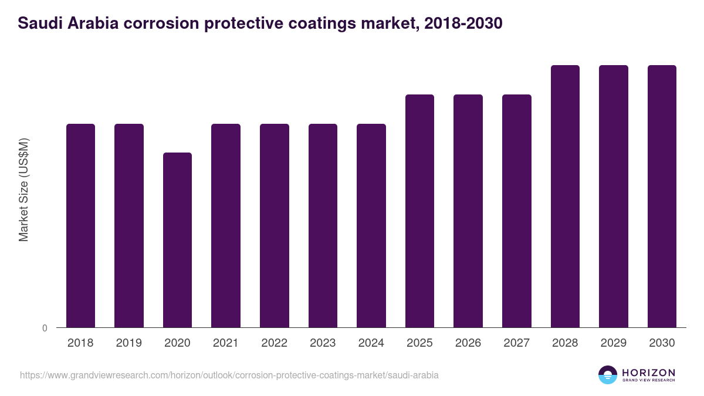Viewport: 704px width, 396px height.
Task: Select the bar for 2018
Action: pos(80,225)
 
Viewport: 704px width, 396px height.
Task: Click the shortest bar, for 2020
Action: pos(177,240)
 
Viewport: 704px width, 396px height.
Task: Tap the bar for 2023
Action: pos(323,225)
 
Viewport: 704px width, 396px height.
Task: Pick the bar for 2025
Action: pos(419,211)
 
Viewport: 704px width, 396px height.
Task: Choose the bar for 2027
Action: pos(516,211)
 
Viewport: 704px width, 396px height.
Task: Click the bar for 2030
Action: pos(662,196)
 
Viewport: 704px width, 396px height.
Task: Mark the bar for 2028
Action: pos(565,196)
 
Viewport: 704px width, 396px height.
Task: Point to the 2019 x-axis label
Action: pos(128,343)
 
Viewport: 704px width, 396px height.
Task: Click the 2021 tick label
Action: pos(226,343)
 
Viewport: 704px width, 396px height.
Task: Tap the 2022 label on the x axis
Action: pos(274,343)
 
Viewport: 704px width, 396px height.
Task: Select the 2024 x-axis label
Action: pos(371,343)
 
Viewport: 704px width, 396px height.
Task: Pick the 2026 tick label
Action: pos(468,343)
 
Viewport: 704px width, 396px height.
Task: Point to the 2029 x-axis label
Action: pos(613,343)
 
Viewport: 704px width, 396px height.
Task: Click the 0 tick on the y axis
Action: pos(45,328)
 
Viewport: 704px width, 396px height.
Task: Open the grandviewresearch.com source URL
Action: pos(229,375)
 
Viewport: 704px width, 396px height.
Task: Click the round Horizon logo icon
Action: pos(608,375)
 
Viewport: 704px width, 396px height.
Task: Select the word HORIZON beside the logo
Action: pos(648,372)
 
